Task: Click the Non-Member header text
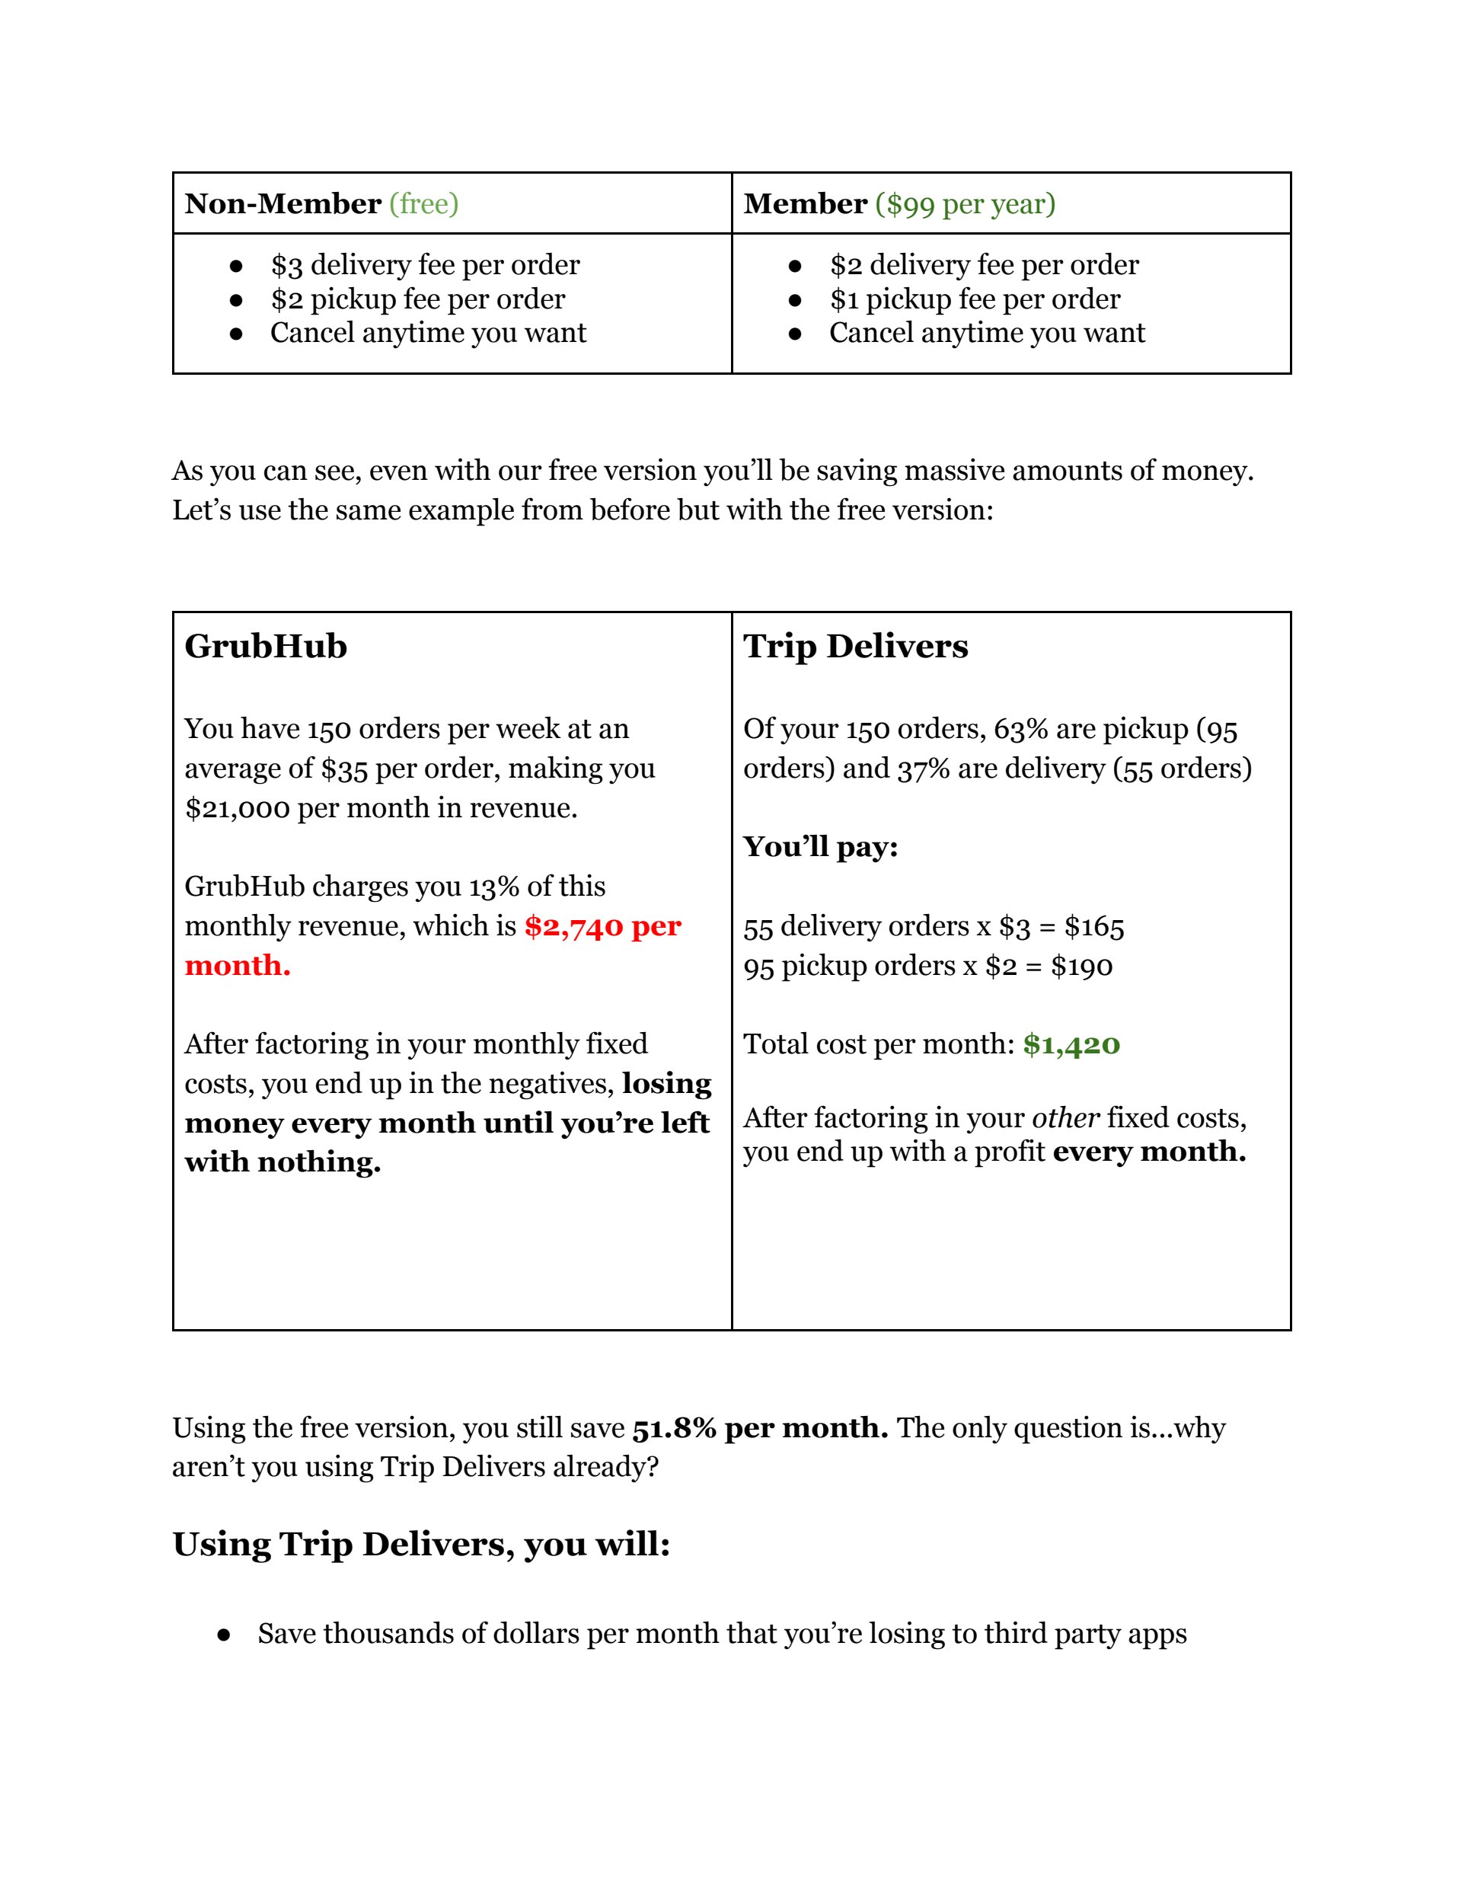[283, 203]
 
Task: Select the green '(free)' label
[423, 203]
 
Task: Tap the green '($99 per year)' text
[965, 203]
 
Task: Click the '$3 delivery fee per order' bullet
[424, 264]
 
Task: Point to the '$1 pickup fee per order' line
[975, 299]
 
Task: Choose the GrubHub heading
[266, 646]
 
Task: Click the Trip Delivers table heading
[856, 646]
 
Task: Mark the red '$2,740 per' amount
[603, 926]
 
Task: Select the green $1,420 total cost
[1071, 1044]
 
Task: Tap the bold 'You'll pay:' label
[820, 846]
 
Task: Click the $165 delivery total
[1094, 927]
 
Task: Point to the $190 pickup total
[1081, 966]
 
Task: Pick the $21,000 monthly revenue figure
[237, 808]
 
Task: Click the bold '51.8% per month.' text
[760, 1427]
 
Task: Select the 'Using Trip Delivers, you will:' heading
[421, 1545]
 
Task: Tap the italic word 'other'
[1065, 1117]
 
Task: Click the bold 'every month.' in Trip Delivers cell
[1149, 1152]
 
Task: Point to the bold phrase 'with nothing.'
[283, 1162]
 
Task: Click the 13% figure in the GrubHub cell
[493, 887]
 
